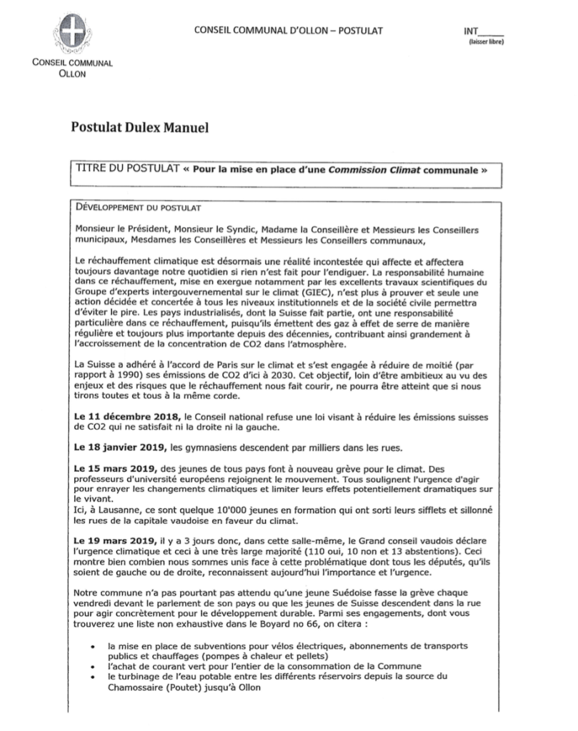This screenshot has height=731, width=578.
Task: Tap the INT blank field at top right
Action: [x=493, y=31]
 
